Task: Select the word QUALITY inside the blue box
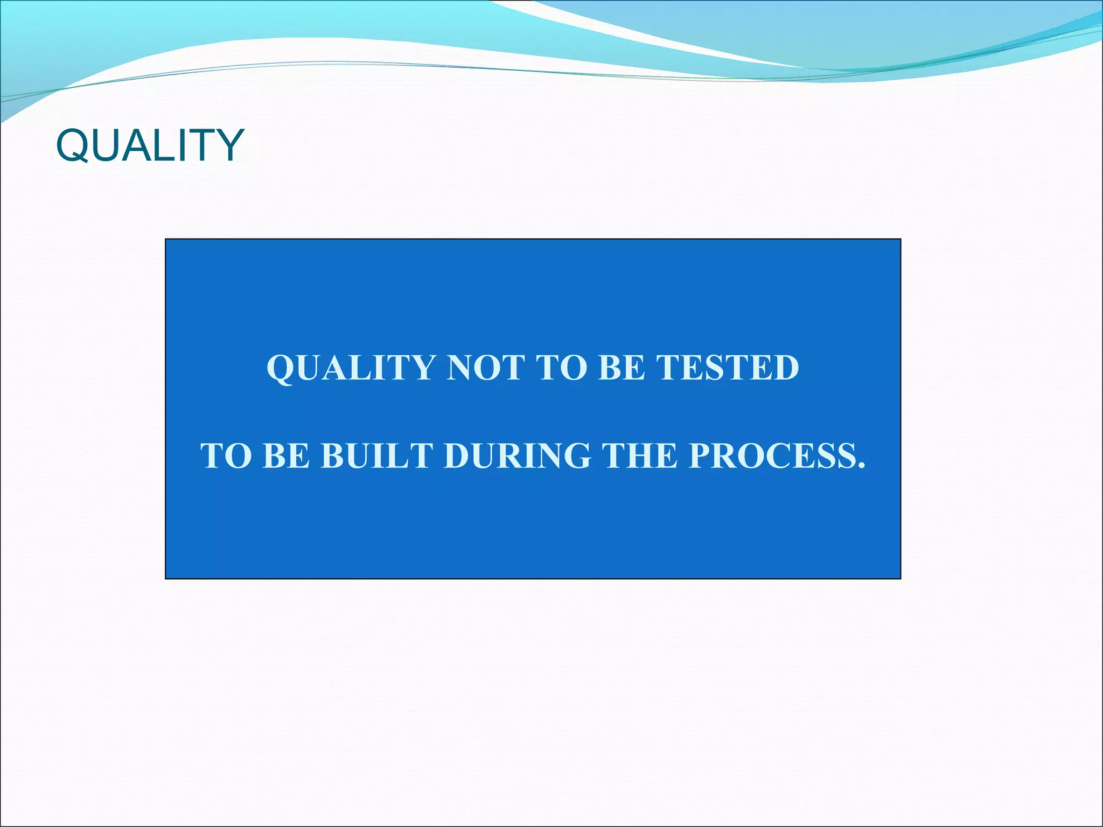click(351, 368)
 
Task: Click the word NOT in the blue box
click(486, 368)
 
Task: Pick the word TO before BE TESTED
click(561, 368)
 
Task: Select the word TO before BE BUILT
click(226, 456)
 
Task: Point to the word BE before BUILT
click(286, 456)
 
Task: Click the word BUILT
click(377, 456)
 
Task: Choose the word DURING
click(517, 456)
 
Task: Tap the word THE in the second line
click(639, 456)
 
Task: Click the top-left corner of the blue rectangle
click(166, 240)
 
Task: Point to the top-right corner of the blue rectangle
click(900, 240)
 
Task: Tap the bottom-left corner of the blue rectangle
click(166, 578)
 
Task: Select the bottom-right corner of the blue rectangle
click(900, 578)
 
